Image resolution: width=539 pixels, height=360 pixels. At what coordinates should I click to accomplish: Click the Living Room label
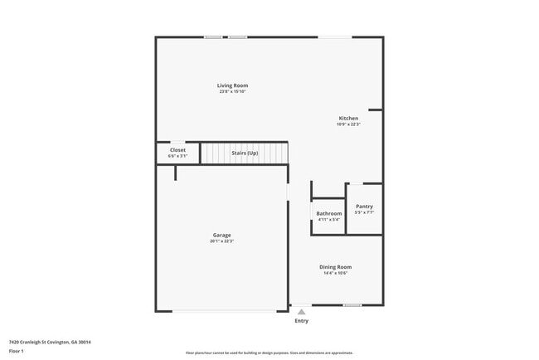click(232, 85)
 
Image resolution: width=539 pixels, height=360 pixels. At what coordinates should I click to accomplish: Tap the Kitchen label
click(348, 118)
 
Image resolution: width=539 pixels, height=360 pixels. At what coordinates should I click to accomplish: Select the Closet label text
click(177, 150)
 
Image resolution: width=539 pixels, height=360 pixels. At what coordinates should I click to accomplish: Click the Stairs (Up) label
click(245, 153)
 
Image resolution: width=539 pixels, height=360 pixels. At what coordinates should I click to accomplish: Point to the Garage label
click(221, 235)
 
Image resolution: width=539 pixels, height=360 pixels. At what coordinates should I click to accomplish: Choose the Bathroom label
click(328, 213)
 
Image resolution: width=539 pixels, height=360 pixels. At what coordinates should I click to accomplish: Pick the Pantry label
click(364, 207)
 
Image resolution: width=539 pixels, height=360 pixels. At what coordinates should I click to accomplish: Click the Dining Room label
click(336, 267)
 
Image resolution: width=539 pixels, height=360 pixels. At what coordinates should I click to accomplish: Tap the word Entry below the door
click(301, 321)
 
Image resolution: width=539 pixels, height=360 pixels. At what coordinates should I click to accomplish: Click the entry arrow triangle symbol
click(301, 311)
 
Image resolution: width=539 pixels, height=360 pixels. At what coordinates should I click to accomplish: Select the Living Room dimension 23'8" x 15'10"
click(232, 91)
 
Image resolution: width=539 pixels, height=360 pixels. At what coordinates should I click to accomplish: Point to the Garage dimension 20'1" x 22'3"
click(221, 241)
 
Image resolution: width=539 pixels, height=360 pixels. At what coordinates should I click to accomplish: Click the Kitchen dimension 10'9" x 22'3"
click(348, 124)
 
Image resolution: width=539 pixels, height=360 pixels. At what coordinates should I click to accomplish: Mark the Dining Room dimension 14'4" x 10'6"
click(336, 273)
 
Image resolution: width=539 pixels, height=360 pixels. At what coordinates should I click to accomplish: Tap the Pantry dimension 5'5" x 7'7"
click(364, 212)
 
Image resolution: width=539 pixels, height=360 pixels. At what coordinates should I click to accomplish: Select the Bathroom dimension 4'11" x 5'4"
click(328, 220)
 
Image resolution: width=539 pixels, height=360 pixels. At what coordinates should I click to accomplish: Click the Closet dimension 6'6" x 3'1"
click(177, 156)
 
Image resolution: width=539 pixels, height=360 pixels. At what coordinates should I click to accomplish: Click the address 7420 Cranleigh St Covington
click(50, 342)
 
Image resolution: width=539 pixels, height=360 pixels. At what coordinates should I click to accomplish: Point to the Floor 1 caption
click(17, 351)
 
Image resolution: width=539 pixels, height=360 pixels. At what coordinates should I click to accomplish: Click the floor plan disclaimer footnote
click(270, 353)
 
